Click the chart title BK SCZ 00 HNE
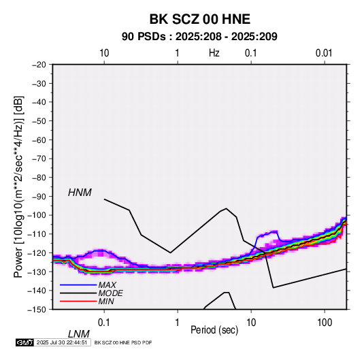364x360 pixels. tap(199, 19)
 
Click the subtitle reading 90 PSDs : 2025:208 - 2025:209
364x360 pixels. tap(199, 37)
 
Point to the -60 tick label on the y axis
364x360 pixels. tap(39, 140)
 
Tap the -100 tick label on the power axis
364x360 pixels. tap(37, 215)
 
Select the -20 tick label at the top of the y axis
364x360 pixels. tap(39, 65)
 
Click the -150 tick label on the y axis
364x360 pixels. tap(37, 310)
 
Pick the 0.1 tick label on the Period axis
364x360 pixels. tap(104, 323)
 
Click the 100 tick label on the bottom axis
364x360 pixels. tap(325, 323)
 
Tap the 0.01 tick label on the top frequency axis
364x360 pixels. tap(324, 53)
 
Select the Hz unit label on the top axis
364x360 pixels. tap(214, 53)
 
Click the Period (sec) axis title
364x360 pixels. tap(214, 330)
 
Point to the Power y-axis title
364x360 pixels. tap(18, 186)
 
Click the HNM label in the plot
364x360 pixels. tap(80, 193)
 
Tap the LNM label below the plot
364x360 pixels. tap(78, 334)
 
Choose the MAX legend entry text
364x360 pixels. tap(107, 285)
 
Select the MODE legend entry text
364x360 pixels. tap(110, 293)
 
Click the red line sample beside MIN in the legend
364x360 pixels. tap(78, 301)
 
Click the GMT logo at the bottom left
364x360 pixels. tap(25, 342)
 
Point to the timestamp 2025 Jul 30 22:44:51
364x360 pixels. tap(62, 342)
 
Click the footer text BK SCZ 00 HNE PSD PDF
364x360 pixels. tap(123, 342)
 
